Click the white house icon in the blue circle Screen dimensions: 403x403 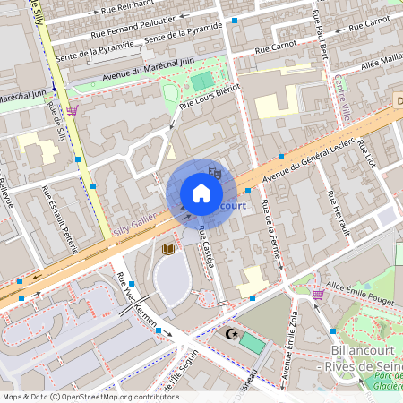click(x=201, y=193)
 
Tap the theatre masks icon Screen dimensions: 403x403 click(x=213, y=169)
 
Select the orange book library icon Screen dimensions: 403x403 click(x=167, y=249)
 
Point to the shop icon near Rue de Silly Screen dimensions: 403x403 click(x=72, y=110)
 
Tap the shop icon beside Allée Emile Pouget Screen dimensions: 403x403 click(x=318, y=294)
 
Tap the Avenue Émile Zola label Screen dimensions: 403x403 click(x=290, y=350)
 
